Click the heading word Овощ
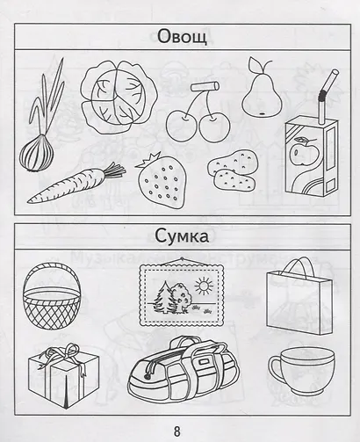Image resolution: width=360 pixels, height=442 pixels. (182, 37)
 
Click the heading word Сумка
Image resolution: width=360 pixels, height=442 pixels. (182, 236)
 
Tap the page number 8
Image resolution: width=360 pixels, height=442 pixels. (177, 431)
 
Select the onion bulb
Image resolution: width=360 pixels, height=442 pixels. (37, 152)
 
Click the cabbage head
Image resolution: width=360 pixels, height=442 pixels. (119, 98)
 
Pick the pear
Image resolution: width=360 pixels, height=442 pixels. (262, 93)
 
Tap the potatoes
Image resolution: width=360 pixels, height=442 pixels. (233, 170)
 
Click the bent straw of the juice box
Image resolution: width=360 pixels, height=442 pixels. (327, 97)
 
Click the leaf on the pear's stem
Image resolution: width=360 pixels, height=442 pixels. (254, 63)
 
